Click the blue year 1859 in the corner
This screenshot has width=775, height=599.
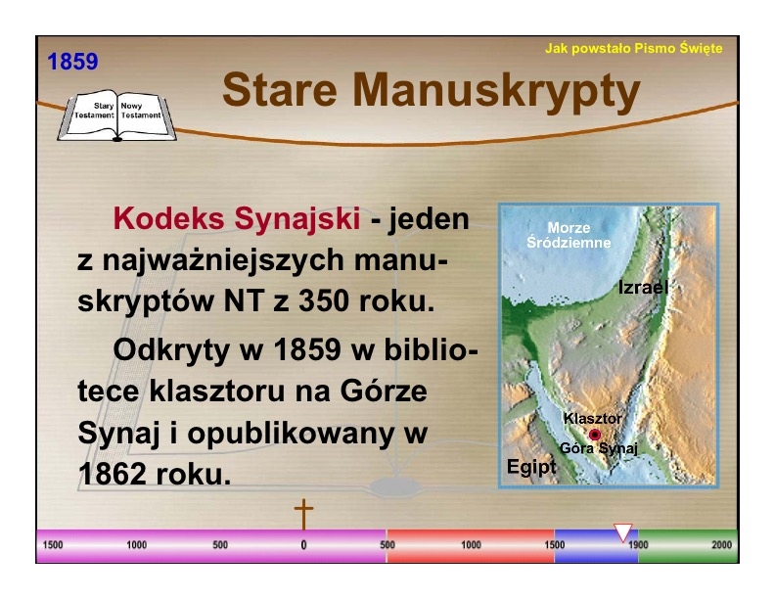(72, 62)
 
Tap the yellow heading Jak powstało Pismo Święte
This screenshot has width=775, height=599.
(634, 48)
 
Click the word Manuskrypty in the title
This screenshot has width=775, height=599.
(496, 91)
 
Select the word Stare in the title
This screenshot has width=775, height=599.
(280, 90)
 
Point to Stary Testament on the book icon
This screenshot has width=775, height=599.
(94, 111)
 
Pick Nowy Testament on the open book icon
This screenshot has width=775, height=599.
(141, 111)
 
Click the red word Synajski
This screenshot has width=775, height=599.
(297, 218)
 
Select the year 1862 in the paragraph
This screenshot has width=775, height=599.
(113, 475)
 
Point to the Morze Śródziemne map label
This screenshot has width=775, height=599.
(569, 235)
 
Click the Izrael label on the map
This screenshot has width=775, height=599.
(643, 287)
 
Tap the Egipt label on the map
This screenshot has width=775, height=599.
(531, 467)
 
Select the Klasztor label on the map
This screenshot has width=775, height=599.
(593, 419)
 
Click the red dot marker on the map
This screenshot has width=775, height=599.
(595, 435)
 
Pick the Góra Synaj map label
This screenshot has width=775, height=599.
(599, 448)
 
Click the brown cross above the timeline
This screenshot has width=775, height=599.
(303, 514)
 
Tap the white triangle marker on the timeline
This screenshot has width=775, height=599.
(623, 532)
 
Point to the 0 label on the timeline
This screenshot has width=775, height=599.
(303, 545)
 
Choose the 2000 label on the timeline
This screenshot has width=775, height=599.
(721, 544)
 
